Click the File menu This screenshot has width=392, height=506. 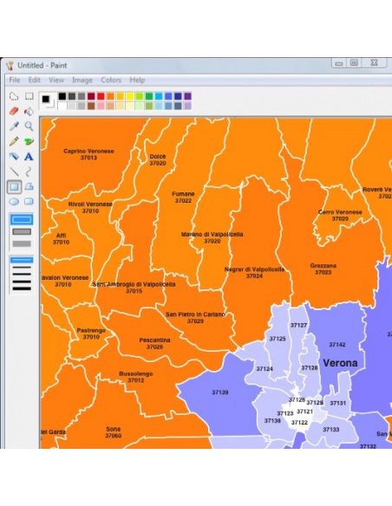tap(15, 80)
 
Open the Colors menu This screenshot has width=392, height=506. tap(111, 80)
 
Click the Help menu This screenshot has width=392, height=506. tap(137, 80)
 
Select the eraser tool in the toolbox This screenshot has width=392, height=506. tap(14, 111)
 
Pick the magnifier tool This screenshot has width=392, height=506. tap(29, 126)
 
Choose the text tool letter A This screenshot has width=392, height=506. tap(29, 156)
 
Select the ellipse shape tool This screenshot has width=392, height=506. tap(14, 201)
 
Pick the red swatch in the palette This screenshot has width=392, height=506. tap(101, 96)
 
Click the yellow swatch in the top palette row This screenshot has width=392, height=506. tap(129, 96)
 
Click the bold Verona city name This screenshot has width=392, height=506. tap(340, 363)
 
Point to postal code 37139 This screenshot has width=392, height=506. tap(219, 392)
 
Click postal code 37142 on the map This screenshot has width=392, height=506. tap(336, 345)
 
